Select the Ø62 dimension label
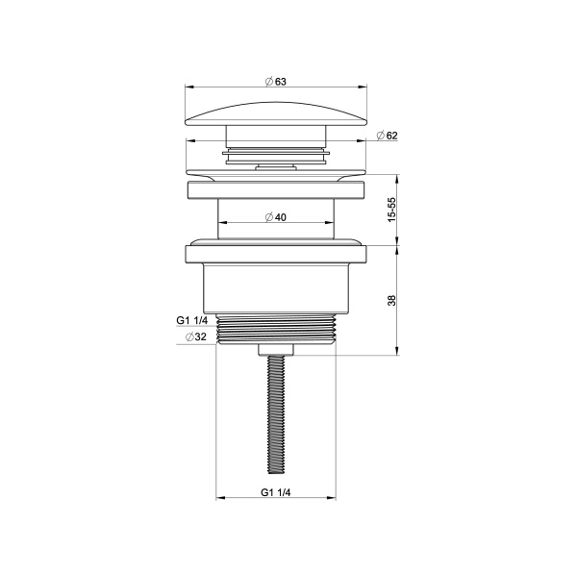click(x=387, y=136)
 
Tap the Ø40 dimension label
click(x=276, y=217)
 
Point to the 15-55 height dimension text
click(x=391, y=210)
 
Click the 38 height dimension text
click(x=391, y=300)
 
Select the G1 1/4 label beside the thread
click(x=193, y=320)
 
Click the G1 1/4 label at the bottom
click(x=276, y=492)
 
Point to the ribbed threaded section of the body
click(x=276, y=329)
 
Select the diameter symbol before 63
click(x=268, y=82)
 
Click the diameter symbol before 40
click(x=268, y=217)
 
